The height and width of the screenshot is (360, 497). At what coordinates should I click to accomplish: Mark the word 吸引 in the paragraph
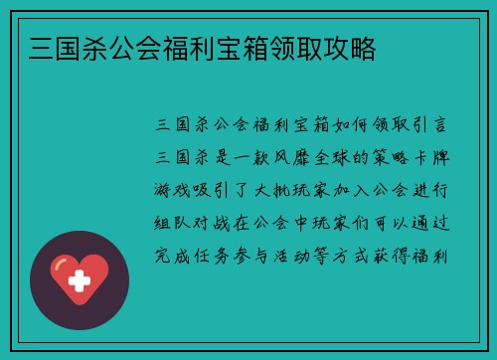[x=215, y=192]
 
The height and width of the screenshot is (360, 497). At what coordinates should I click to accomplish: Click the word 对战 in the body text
[x=215, y=225]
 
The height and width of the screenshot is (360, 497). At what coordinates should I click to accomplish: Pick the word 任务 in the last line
[x=215, y=258]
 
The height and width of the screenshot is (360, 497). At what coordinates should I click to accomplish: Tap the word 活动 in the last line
[x=296, y=258]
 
